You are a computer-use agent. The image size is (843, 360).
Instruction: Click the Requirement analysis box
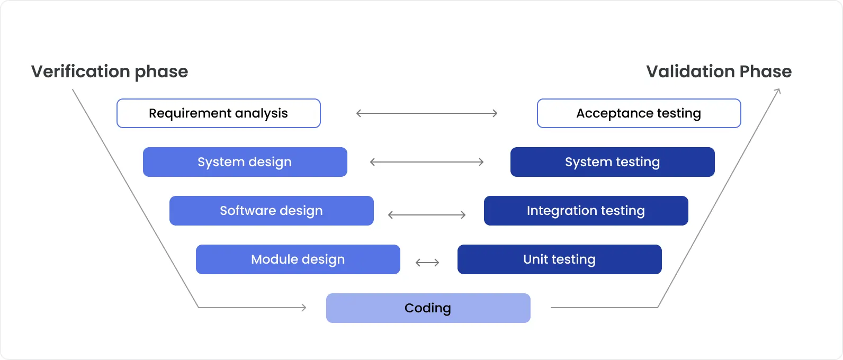tap(218, 113)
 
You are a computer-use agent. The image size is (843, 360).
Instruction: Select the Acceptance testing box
tap(639, 113)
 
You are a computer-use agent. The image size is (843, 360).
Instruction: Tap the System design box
tap(245, 162)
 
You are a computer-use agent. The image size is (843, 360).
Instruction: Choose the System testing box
tap(612, 162)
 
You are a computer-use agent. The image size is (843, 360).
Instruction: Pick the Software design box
tap(271, 211)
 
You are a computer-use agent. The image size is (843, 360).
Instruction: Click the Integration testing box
tap(586, 211)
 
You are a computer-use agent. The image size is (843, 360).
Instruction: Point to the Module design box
tap(298, 259)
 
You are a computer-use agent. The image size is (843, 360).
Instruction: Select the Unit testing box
tap(559, 259)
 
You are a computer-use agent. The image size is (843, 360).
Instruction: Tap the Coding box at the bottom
tap(428, 308)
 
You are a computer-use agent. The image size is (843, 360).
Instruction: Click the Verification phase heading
tap(110, 71)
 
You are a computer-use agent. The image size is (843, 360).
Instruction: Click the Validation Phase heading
tap(719, 71)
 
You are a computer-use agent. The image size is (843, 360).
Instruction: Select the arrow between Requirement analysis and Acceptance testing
tap(427, 113)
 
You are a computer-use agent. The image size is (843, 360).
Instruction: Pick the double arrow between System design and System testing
tap(427, 162)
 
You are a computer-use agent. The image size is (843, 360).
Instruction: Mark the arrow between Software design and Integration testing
tap(427, 215)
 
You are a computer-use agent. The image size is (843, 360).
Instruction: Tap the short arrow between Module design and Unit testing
tap(427, 263)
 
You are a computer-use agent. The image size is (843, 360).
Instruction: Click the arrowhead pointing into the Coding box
tap(303, 308)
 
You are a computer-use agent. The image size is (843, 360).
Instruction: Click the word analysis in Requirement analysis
tap(261, 113)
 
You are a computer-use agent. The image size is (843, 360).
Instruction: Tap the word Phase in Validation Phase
tap(765, 71)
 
